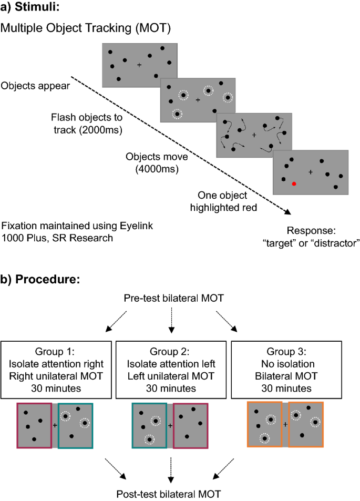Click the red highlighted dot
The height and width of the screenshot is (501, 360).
[x=294, y=183]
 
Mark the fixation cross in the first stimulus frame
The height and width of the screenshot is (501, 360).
[x=139, y=65]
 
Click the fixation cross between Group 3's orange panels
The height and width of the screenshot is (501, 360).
[x=285, y=424]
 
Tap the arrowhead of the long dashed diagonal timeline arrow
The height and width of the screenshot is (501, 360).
[x=289, y=212]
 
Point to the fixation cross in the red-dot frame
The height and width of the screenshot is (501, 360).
[x=310, y=171]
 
